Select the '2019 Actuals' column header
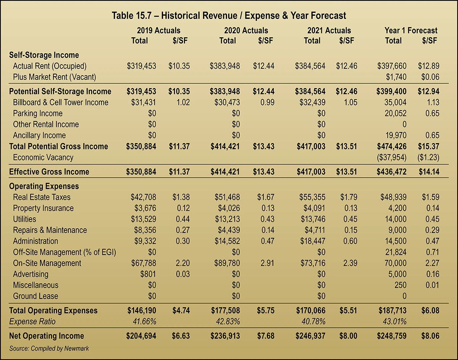tap(158, 31)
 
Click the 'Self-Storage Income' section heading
tap(44, 55)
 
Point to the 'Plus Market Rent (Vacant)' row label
tap(54, 77)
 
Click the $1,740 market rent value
tap(396, 77)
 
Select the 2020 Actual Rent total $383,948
tap(225, 66)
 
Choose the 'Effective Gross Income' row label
tap(49, 172)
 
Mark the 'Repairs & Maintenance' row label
tap(50, 230)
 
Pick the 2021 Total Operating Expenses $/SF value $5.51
tap(348, 310)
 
